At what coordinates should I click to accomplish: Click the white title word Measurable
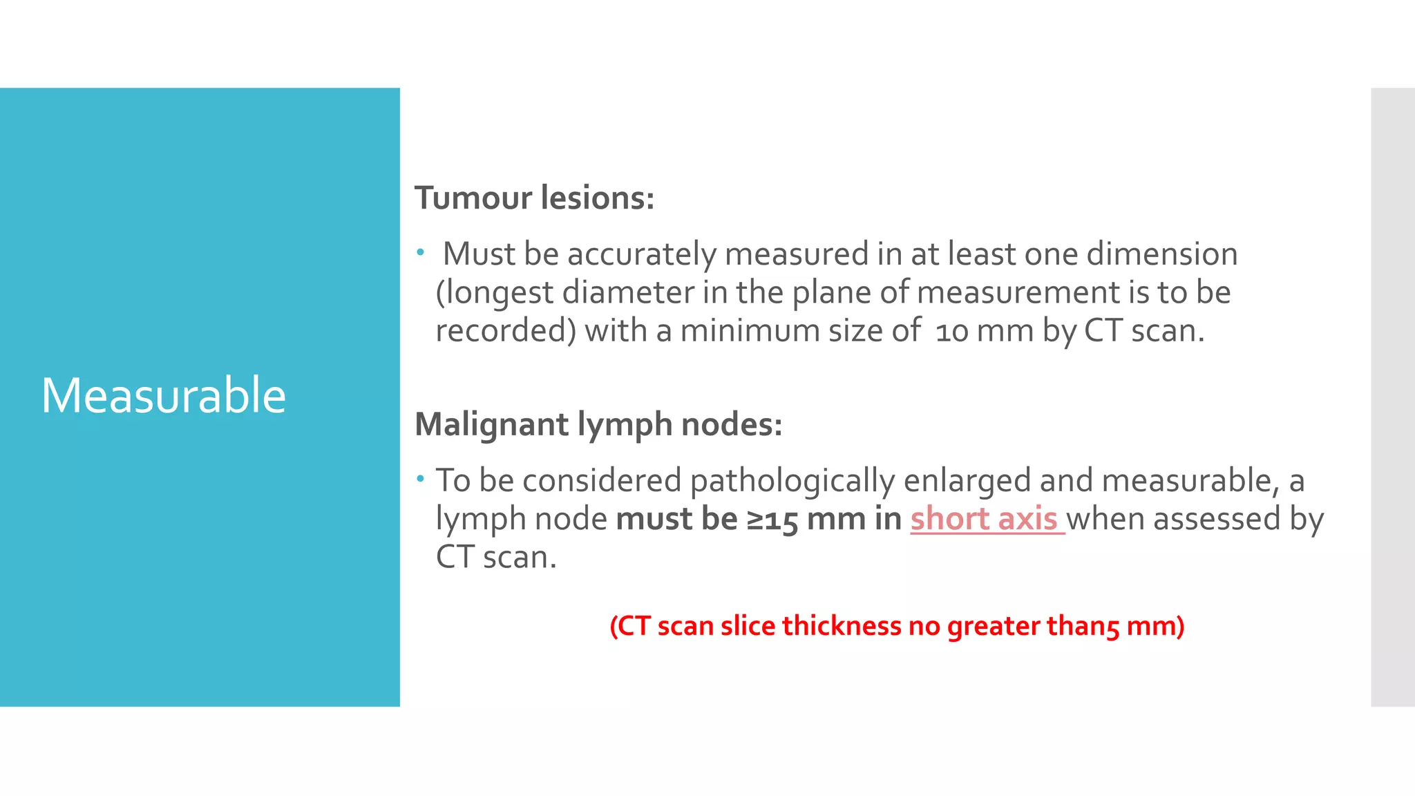tap(164, 395)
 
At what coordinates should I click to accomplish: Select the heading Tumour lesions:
tap(534, 198)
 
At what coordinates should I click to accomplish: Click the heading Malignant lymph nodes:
tap(598, 424)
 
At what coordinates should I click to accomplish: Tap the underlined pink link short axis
tap(984, 519)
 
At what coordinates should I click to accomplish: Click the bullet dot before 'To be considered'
tap(420, 478)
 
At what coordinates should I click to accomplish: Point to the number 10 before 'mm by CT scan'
tap(951, 332)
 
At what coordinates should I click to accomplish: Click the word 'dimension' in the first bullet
tap(1162, 254)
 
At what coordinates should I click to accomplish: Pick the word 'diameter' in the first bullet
tap(628, 292)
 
